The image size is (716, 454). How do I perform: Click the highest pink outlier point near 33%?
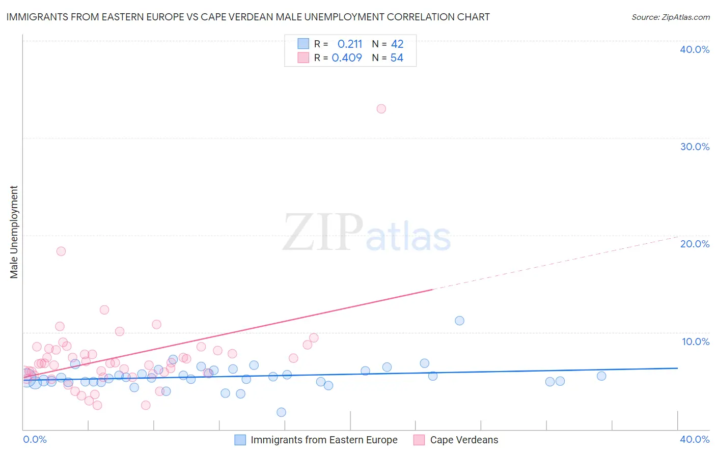[x=381, y=108]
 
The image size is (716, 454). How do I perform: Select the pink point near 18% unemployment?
[x=61, y=251]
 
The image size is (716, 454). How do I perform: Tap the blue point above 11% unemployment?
[x=459, y=321]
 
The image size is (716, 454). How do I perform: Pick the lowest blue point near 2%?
[x=281, y=412]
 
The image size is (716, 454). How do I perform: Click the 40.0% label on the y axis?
[x=695, y=49]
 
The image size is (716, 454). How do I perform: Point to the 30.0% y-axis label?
[x=695, y=147]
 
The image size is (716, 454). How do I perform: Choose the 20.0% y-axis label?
[x=695, y=244]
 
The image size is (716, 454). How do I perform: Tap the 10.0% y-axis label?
[x=696, y=342]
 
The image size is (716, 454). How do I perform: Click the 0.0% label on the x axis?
[x=35, y=439]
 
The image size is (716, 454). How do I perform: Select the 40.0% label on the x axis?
[x=695, y=439]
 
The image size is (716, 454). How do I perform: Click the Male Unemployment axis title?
[x=14, y=232]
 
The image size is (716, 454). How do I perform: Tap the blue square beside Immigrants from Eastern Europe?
[x=240, y=440]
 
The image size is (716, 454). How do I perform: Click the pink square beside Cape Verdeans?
[x=419, y=440]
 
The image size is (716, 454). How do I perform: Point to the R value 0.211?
[x=350, y=44]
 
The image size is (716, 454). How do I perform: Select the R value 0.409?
[x=347, y=58]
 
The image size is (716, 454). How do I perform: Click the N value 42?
[x=397, y=44]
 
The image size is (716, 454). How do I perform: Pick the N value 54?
[x=397, y=58]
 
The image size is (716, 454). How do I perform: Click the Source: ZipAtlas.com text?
[x=670, y=17]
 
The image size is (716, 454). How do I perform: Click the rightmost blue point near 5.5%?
[x=601, y=376]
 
